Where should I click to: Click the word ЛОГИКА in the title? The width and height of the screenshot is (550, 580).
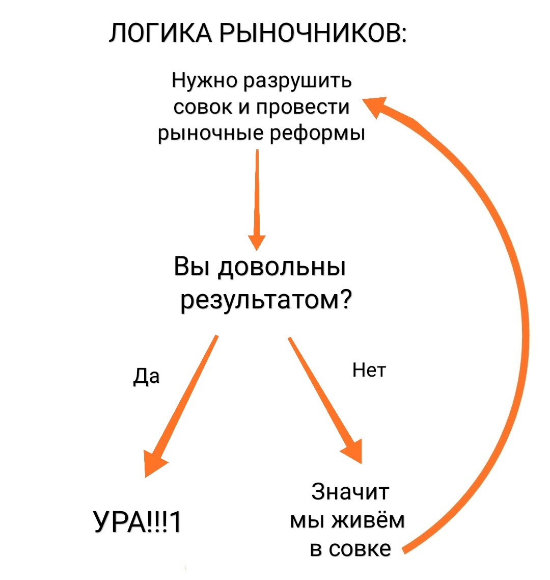coord(160,33)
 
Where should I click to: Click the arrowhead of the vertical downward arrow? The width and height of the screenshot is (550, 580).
coord(257,243)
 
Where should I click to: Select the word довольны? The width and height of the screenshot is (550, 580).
coord(282,267)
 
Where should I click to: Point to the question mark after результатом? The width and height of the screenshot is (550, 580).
coord(345,298)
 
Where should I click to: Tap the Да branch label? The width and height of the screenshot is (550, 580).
coord(146,377)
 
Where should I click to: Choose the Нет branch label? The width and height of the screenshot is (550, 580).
coord(369,370)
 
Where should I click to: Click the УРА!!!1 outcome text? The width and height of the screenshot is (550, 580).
coord(137,521)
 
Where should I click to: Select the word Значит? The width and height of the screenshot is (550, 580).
coord(350,492)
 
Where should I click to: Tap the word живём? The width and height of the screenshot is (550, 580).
coord(368,519)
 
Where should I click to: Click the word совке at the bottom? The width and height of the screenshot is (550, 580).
coord(360,549)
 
